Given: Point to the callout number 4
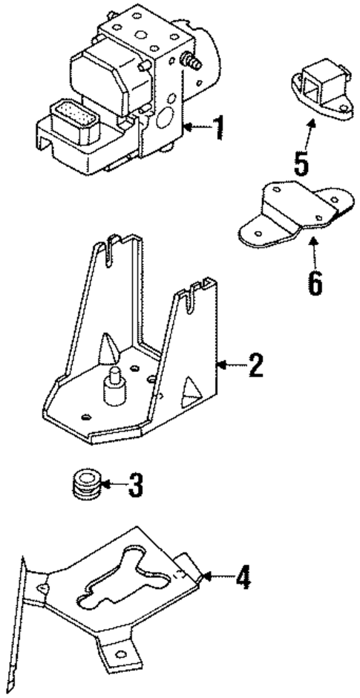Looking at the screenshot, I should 242,577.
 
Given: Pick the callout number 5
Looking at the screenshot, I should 301,163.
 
